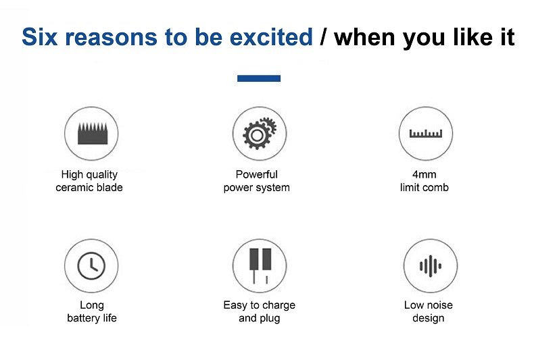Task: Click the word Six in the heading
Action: click(x=39, y=36)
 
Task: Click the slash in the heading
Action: click(x=323, y=36)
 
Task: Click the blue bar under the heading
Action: click(x=259, y=78)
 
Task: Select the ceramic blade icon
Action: click(x=93, y=133)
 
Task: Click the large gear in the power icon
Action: click(x=257, y=136)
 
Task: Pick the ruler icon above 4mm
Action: click(x=426, y=133)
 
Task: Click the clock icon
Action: click(x=91, y=265)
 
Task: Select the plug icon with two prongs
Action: click(x=260, y=265)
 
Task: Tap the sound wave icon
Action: click(x=431, y=265)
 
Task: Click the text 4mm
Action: click(x=424, y=174)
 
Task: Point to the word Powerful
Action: click(x=256, y=174)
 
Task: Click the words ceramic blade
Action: click(x=89, y=188)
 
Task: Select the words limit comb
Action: click(x=424, y=188)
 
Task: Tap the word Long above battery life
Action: click(x=92, y=305)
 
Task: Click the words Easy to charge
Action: click(x=259, y=305)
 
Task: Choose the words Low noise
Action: click(x=429, y=305)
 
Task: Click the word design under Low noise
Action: click(x=428, y=318)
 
